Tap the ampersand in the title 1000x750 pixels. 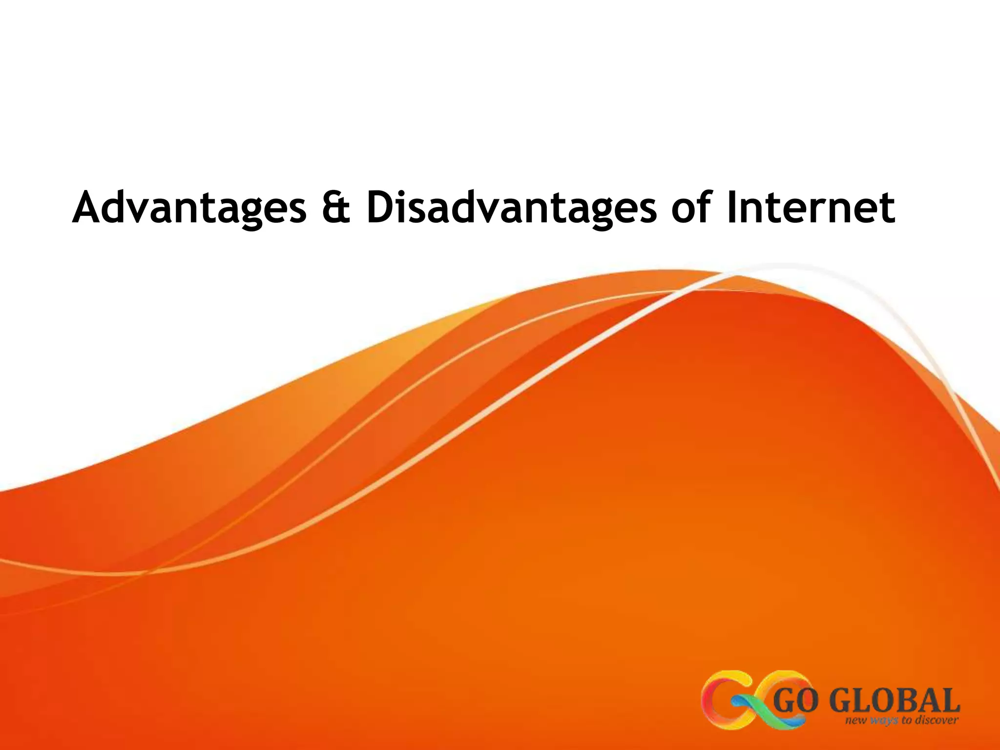coord(336,208)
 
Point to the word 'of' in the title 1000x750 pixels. coord(689,208)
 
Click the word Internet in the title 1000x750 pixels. coord(811,208)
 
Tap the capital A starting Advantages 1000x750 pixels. coord(89,208)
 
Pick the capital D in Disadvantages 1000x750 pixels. coord(382,208)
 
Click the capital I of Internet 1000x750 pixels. coord(731,208)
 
